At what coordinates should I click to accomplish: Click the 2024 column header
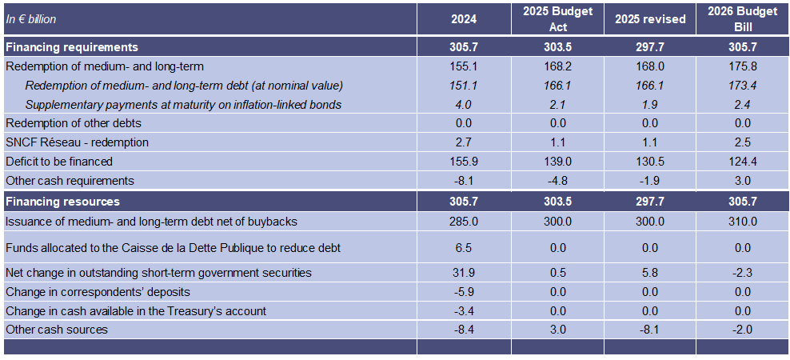pyautogui.click(x=464, y=19)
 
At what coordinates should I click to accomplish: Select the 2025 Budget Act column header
pyautogui.click(x=558, y=19)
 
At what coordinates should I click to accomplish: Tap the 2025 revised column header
pyautogui.click(x=650, y=19)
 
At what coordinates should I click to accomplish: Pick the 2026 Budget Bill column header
pyautogui.click(x=742, y=19)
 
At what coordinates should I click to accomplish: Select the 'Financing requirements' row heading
pyautogui.click(x=71, y=47)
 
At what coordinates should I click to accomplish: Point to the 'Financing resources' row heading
pyautogui.click(x=62, y=202)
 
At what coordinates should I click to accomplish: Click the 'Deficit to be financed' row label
pyautogui.click(x=58, y=162)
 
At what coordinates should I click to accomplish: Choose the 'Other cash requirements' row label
pyautogui.click(x=70, y=181)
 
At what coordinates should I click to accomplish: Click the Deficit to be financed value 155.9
pyautogui.click(x=464, y=162)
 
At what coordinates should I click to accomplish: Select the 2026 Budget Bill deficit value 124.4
pyautogui.click(x=742, y=162)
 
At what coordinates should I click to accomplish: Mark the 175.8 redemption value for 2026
pyautogui.click(x=742, y=67)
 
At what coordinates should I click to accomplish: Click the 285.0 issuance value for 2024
pyautogui.click(x=464, y=221)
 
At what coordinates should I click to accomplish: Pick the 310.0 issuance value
pyautogui.click(x=742, y=221)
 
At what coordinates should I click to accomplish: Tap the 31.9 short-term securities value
pyautogui.click(x=464, y=273)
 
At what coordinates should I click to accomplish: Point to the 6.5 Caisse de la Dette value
pyautogui.click(x=464, y=248)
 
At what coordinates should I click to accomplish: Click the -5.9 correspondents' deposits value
pyautogui.click(x=464, y=292)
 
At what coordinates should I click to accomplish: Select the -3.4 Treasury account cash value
pyautogui.click(x=464, y=310)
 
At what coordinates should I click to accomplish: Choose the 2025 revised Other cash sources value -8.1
pyautogui.click(x=650, y=330)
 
